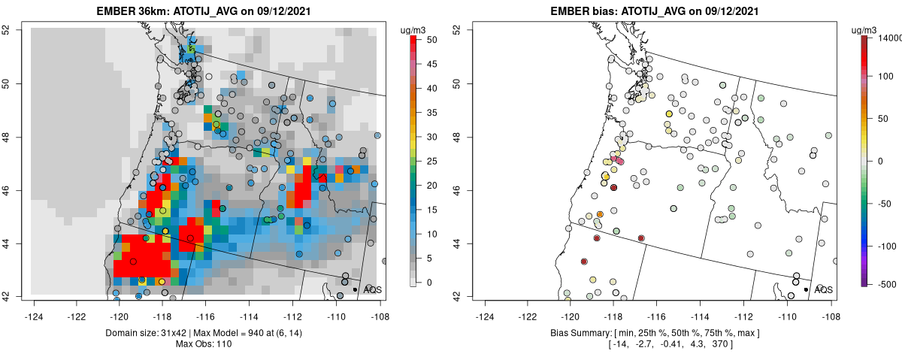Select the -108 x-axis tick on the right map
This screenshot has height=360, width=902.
click(831, 307)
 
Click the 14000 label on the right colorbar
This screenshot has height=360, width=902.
click(891, 38)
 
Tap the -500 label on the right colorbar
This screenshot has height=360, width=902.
click(888, 283)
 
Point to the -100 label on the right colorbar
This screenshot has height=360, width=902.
click(888, 246)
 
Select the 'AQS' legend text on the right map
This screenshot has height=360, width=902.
click(824, 289)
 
